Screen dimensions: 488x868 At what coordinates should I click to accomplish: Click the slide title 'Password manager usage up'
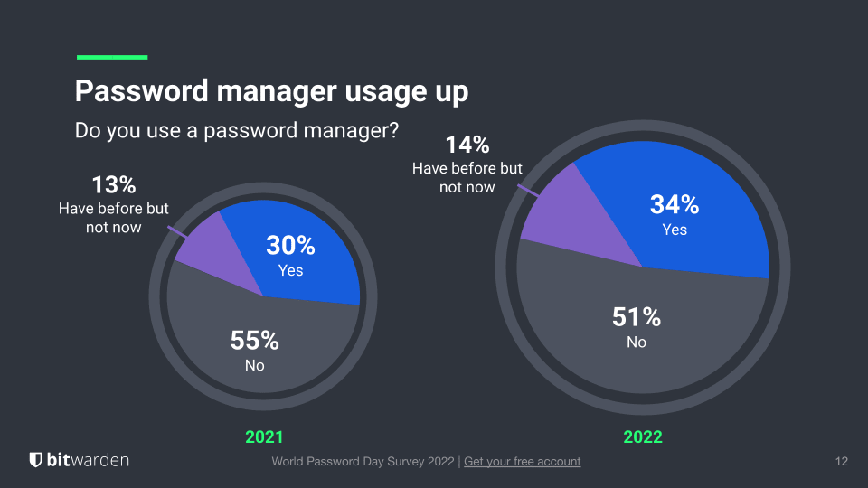pos(271,92)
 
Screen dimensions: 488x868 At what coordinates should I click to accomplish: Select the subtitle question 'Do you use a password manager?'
pos(237,130)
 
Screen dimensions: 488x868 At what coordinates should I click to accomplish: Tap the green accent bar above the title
pos(112,57)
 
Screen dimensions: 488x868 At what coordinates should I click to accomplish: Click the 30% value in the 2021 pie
pos(290,245)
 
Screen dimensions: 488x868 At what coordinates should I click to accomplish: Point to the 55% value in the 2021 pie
pos(255,341)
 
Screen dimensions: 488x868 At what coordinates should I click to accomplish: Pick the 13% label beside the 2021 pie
pos(114,185)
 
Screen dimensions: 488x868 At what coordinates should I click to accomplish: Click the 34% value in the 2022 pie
pos(675,205)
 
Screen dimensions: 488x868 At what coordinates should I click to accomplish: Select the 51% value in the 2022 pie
pos(637,317)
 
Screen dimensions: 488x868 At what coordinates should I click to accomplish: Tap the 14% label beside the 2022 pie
pos(467,145)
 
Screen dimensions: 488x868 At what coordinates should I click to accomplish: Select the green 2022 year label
pos(643,437)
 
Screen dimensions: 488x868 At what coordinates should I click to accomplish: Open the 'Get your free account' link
pos(522,462)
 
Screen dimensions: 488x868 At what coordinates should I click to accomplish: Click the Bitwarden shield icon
pos(36,460)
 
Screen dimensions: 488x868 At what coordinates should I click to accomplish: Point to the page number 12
pos(841,462)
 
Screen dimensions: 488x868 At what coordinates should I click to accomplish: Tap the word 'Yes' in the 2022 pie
pos(675,230)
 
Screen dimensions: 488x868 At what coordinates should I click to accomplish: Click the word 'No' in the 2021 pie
pos(255,366)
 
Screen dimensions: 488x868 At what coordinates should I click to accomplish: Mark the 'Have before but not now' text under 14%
pos(467,178)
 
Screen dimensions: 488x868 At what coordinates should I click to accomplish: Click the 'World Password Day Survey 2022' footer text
pos(364,462)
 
